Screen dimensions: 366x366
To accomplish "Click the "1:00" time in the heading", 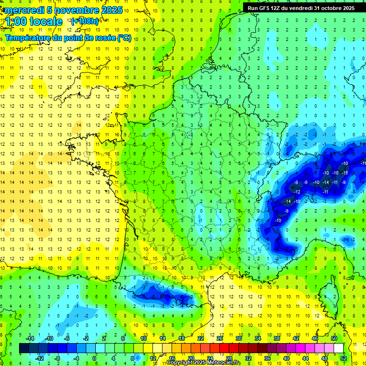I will click(17, 21).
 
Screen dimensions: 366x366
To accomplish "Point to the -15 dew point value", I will click(345, 173).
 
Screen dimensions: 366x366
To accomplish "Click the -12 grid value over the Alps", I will click(297, 192).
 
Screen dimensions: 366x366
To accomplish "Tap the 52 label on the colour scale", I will click(344, 358).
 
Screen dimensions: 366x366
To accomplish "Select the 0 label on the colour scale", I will click(94, 358).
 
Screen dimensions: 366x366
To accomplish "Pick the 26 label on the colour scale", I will click(220, 338).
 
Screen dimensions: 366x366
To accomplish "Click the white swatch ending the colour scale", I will click(339, 348).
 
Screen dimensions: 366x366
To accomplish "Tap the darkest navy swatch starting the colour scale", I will click(24, 348).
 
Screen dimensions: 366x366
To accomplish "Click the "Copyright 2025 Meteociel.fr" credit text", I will click(203, 363).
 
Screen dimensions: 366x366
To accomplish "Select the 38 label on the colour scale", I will click(276, 338).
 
